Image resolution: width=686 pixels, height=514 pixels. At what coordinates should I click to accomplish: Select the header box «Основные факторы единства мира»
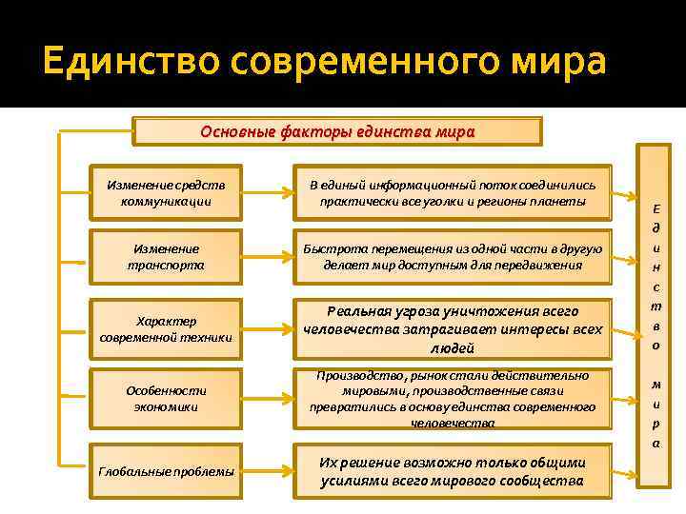(336, 131)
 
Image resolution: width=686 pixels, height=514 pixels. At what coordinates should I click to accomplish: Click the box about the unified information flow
(452, 193)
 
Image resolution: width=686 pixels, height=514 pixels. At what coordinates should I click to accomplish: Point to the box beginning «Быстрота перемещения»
(452, 257)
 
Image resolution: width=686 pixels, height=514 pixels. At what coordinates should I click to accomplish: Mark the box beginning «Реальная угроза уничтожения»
(452, 329)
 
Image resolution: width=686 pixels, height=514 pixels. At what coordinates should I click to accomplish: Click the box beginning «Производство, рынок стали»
(452, 399)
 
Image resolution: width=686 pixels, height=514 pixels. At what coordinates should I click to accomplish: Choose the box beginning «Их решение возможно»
(452, 471)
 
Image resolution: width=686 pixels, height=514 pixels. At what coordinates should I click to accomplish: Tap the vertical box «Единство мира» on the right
(656, 324)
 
